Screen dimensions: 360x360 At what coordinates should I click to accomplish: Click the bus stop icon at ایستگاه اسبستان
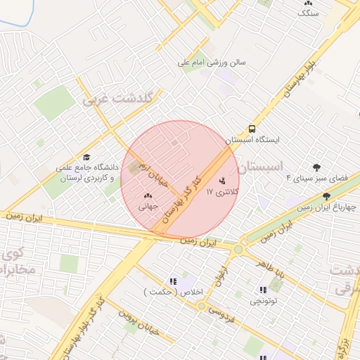click(x=251, y=129)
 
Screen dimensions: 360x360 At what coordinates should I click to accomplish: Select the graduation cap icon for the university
click(x=86, y=157)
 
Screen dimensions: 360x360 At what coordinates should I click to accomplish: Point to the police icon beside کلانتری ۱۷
click(x=223, y=181)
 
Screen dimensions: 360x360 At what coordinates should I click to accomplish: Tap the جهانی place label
click(x=148, y=207)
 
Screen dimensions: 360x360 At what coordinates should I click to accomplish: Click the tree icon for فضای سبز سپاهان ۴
click(x=317, y=167)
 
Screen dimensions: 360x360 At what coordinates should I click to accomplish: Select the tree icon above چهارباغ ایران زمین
click(x=326, y=196)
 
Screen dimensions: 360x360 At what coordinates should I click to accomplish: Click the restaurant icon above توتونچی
click(x=262, y=290)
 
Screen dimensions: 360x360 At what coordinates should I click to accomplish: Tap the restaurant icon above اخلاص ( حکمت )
click(x=173, y=281)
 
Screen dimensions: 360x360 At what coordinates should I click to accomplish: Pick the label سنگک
click(x=308, y=13)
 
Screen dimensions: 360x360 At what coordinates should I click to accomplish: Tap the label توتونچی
click(x=263, y=301)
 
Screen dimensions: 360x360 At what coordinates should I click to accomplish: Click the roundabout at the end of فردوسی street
click(x=202, y=306)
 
